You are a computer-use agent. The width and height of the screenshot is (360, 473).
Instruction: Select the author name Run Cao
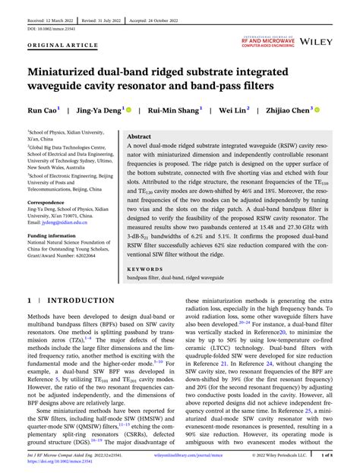(x=43, y=111)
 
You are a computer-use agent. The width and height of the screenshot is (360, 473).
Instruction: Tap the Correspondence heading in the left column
(x=48, y=203)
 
